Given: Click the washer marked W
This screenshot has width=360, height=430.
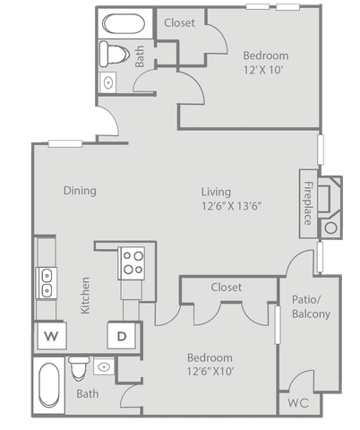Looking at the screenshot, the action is [51, 336].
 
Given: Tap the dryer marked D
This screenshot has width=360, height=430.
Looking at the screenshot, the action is [122, 336].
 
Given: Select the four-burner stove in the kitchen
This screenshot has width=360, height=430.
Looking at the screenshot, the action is [132, 263].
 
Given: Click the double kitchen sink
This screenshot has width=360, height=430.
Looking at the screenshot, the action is [47, 283].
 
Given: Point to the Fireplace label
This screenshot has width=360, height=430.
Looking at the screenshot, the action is [308, 203].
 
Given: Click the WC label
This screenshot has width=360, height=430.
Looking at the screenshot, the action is [298, 403].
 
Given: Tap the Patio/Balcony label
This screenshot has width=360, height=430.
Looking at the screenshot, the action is [311, 306].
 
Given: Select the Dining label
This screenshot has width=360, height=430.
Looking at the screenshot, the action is [80, 191].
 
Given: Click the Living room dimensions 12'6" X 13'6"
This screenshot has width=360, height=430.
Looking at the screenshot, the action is [232, 206].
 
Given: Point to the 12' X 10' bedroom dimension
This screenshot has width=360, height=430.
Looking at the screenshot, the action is [263, 70].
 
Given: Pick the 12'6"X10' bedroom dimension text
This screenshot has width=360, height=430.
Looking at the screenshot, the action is [210, 372].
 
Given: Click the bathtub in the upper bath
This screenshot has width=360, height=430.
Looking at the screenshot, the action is [124, 23].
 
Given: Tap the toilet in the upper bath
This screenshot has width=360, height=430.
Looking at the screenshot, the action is [114, 54].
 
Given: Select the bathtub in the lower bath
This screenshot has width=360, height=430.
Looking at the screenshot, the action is [49, 385].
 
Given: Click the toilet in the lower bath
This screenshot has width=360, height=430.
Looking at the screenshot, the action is [79, 368].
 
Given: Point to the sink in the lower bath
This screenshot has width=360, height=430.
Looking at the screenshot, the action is [104, 366].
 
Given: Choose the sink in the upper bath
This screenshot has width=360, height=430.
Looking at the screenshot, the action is [107, 82].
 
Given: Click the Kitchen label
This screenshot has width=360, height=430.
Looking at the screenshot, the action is [85, 296].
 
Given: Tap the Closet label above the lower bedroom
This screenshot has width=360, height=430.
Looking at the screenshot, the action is [227, 288].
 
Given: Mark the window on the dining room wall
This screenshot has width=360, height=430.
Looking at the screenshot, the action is [65, 143].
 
